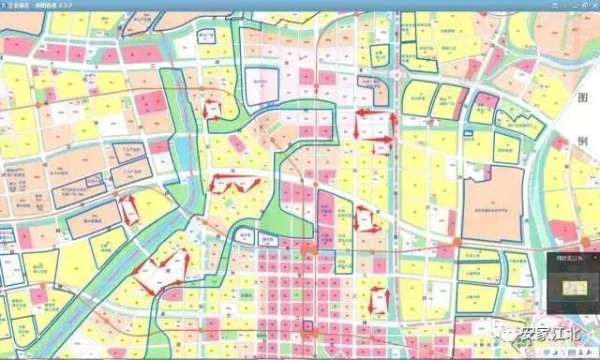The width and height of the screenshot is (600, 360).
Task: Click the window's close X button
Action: coord(591,5)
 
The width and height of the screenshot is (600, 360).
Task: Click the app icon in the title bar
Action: coord(6,5)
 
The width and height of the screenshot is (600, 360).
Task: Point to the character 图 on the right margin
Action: coord(581,98)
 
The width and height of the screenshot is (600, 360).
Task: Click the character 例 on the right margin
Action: coord(581,142)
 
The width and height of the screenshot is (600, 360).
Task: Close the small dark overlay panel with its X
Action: coord(593,258)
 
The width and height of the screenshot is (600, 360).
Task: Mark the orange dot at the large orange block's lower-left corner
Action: coord(457,242)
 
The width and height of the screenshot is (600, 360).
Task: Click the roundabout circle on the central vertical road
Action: coord(397,74)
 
